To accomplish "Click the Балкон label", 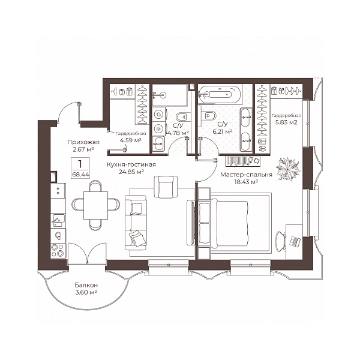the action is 86,285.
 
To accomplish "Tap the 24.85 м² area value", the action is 131,172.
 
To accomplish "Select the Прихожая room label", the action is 83,142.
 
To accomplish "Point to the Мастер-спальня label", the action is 246,175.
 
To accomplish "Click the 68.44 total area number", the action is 80,175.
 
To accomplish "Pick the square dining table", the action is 96,205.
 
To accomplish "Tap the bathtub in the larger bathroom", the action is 220,94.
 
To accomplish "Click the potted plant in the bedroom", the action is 288,169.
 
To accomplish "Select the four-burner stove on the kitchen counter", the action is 58,250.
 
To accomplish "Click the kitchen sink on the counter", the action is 58,220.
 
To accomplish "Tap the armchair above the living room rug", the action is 166,187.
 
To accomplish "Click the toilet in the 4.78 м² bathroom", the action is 183,117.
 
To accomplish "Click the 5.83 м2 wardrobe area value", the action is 286,122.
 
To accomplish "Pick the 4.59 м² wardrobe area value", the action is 130,140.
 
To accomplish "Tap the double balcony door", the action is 87,253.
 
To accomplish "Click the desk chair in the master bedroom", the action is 280,242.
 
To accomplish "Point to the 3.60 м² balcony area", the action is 86,292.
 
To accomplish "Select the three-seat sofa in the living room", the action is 136,223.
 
